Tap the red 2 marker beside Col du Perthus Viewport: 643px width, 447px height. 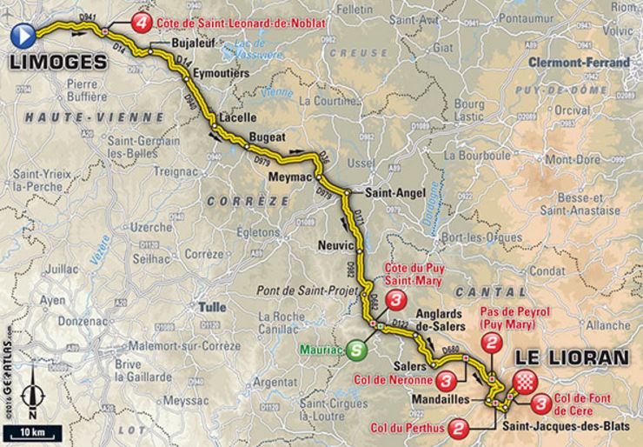tap(461, 428)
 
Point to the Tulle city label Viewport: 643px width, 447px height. tap(212, 306)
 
